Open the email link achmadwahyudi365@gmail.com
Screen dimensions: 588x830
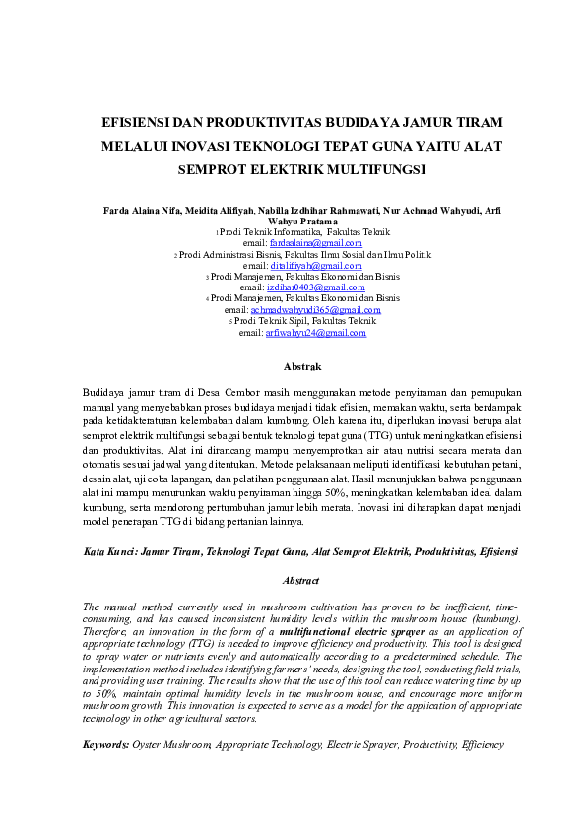pyautogui.click(x=315, y=309)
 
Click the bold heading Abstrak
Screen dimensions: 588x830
pyautogui.click(x=302, y=366)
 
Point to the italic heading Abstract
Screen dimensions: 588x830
pyautogui.click(x=301, y=581)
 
